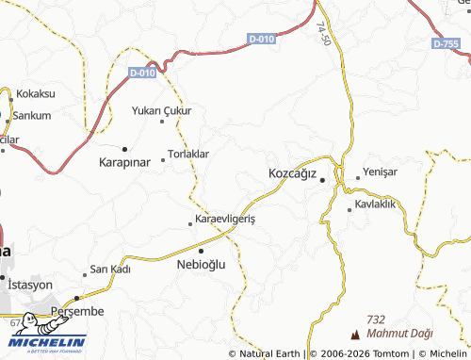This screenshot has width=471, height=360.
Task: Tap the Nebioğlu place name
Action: [x=202, y=265]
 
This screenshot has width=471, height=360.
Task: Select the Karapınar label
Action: [x=124, y=163]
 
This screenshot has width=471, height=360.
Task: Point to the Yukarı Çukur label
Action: [x=161, y=110]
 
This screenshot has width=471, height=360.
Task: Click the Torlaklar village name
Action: [x=187, y=154]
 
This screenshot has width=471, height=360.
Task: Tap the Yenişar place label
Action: [x=382, y=172]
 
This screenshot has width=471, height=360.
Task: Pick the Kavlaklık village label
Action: [x=379, y=205]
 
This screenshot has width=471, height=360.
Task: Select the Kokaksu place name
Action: [x=36, y=94]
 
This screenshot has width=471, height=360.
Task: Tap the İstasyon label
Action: [x=29, y=284]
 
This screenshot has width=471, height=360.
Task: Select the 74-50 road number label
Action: [x=323, y=37]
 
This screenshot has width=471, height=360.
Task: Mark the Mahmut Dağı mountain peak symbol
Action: [x=355, y=335]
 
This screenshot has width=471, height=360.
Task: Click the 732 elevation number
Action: [x=377, y=320]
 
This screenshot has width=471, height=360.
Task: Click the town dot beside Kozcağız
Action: [x=322, y=179]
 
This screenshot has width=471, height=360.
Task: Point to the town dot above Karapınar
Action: [x=124, y=149]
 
